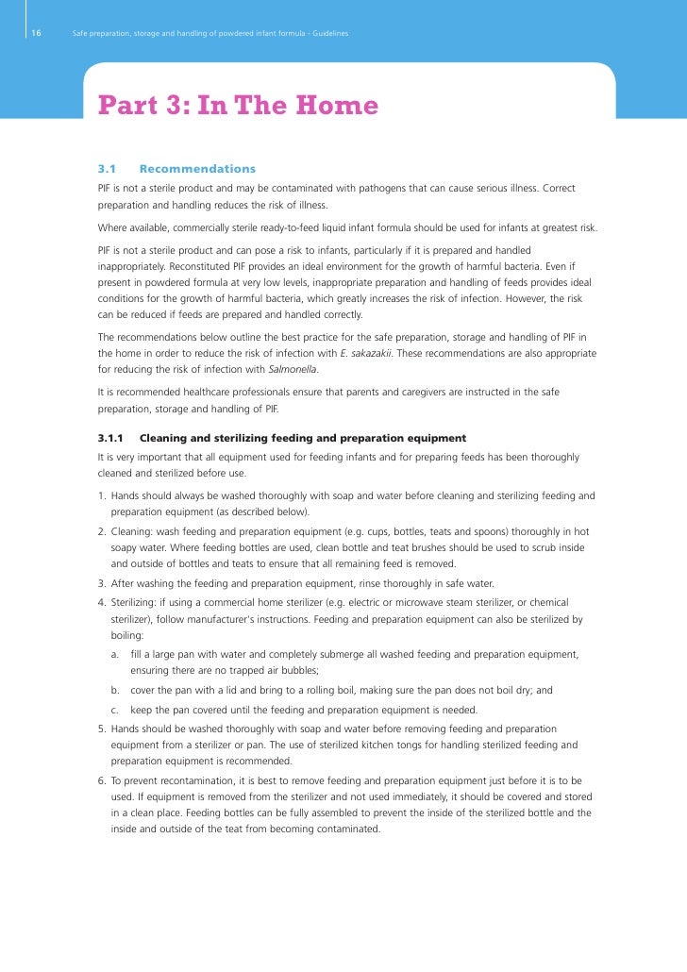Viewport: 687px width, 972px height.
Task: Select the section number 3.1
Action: point(107,169)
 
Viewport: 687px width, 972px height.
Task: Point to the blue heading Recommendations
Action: point(197,169)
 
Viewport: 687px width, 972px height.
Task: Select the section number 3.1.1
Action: point(111,439)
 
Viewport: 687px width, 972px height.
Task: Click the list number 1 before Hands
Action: point(102,495)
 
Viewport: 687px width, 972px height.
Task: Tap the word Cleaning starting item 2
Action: point(134,532)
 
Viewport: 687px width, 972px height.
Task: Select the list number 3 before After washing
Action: point(102,583)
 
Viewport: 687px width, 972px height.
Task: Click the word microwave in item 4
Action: point(414,602)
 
